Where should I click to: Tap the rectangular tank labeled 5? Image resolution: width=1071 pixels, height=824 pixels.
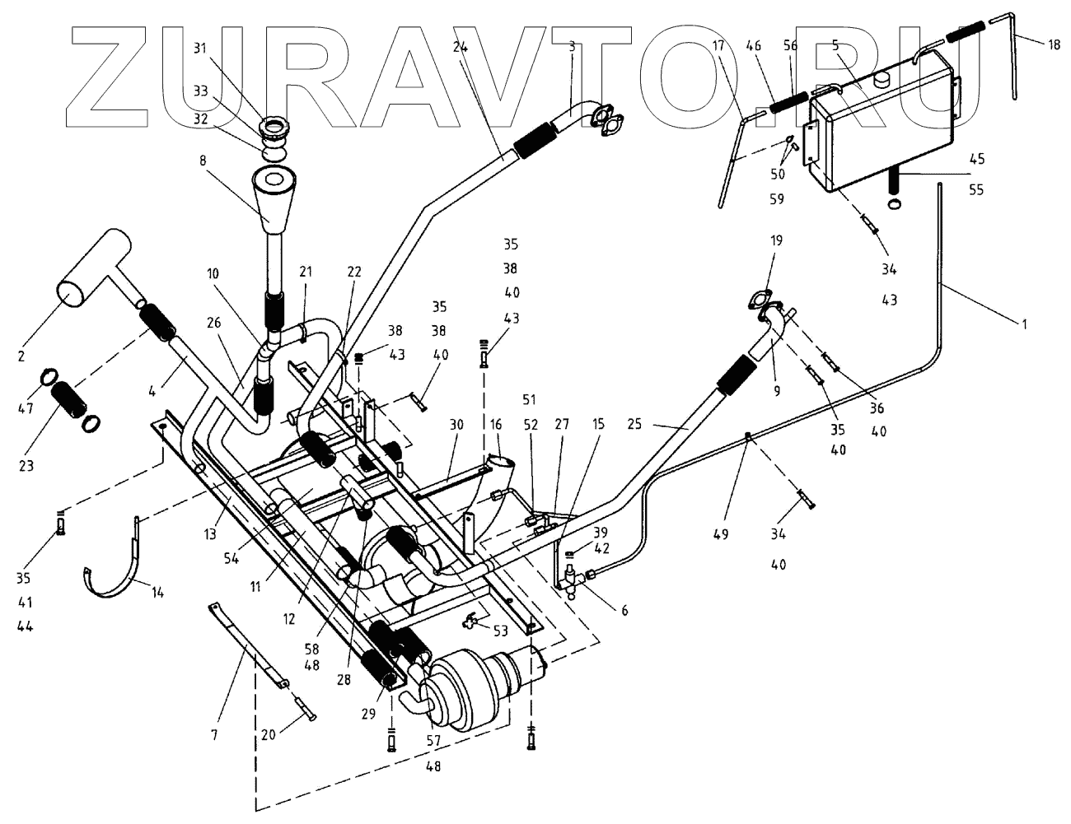pos(882,132)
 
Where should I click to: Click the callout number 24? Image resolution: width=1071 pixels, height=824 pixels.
pos(460,49)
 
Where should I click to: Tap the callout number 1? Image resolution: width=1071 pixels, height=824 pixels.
pos(1024,324)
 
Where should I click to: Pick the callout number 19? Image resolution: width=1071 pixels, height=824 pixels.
pos(776,240)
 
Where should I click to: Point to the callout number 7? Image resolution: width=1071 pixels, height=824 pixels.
pos(215,734)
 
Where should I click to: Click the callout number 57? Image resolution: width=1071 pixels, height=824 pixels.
pos(433,740)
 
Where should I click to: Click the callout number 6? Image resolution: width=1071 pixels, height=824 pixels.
pos(624,610)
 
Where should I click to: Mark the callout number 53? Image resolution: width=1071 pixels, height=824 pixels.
pos(500,631)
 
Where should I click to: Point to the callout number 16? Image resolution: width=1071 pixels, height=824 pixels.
pos(495,425)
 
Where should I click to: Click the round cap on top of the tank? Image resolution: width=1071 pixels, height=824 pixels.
pos(883,78)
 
